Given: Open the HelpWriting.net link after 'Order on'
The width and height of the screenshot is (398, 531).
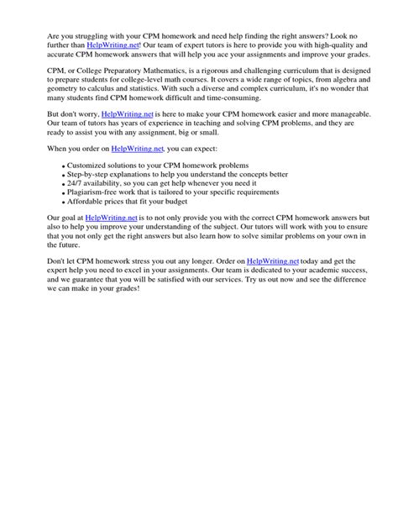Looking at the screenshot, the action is [x=274, y=310].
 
